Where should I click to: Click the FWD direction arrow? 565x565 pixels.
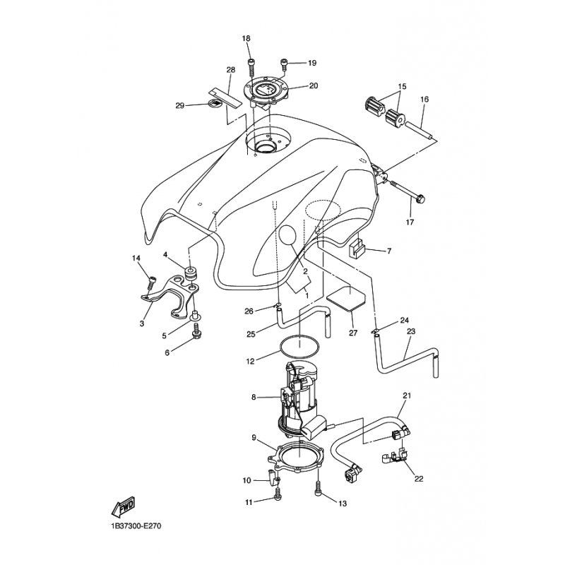(123, 507)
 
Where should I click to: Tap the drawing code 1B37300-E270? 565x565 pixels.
(136, 526)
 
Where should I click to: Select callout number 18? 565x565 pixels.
(246, 39)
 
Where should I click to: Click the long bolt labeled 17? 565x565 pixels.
(408, 190)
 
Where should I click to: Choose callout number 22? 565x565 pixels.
(419, 479)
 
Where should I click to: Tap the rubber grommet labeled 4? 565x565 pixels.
(191, 273)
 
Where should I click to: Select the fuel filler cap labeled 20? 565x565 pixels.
(267, 91)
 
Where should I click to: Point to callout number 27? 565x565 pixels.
(353, 333)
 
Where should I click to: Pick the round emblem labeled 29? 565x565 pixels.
(215, 102)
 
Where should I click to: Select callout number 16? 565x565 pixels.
(424, 99)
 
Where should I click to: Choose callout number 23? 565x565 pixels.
(411, 331)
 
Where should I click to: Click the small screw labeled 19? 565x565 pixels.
(284, 65)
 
